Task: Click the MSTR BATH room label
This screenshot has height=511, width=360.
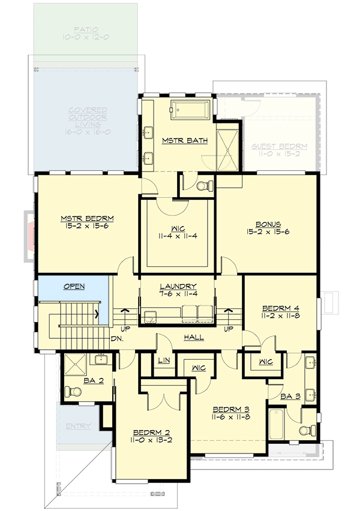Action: tap(185, 141)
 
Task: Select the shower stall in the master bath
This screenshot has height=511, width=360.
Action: tap(229, 145)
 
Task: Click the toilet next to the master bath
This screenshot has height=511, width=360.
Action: tap(203, 185)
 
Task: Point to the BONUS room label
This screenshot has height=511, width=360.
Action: tap(267, 224)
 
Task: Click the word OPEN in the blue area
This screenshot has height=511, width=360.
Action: tap(74, 287)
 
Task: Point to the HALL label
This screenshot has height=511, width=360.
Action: tap(193, 337)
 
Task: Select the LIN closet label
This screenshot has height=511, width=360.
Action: tap(163, 360)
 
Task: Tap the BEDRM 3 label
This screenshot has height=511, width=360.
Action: tap(231, 410)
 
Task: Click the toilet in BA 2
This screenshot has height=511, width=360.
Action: tap(74, 392)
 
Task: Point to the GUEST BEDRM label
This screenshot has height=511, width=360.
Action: tap(279, 146)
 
